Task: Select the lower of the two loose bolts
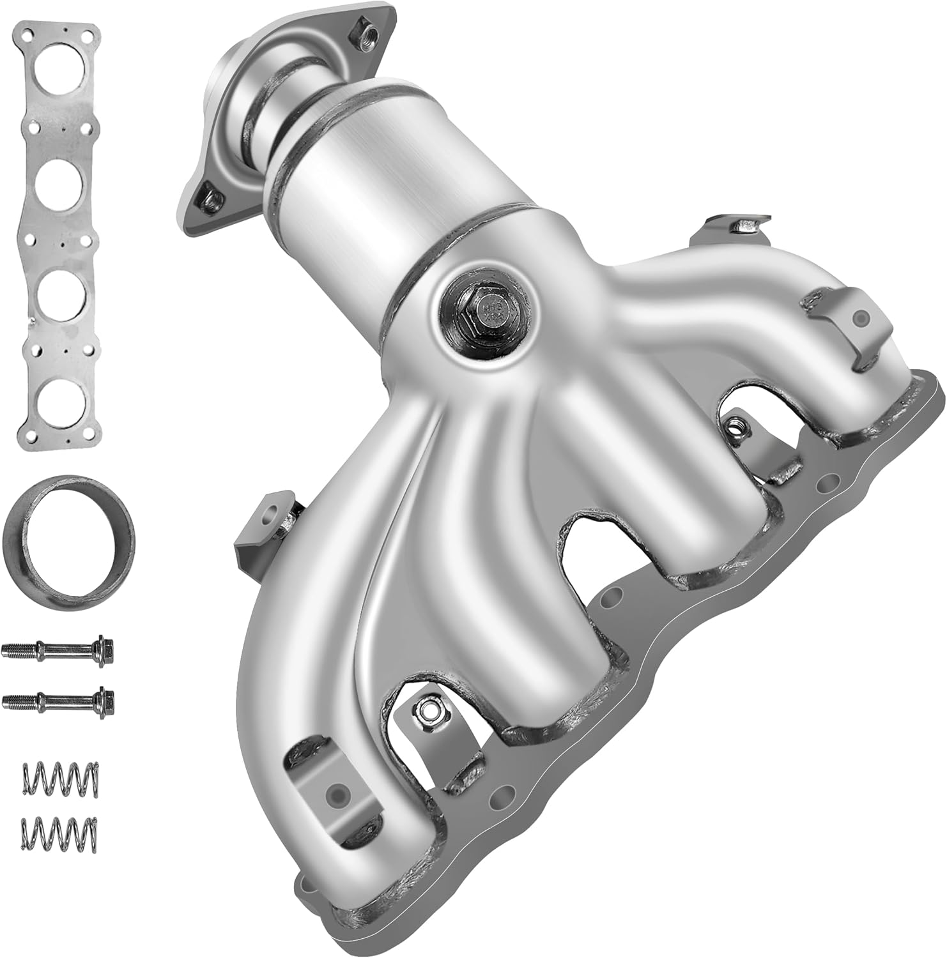pyautogui.click(x=60, y=701)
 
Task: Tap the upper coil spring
pyautogui.click(x=61, y=777)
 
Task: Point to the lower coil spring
pyautogui.click(x=61, y=831)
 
